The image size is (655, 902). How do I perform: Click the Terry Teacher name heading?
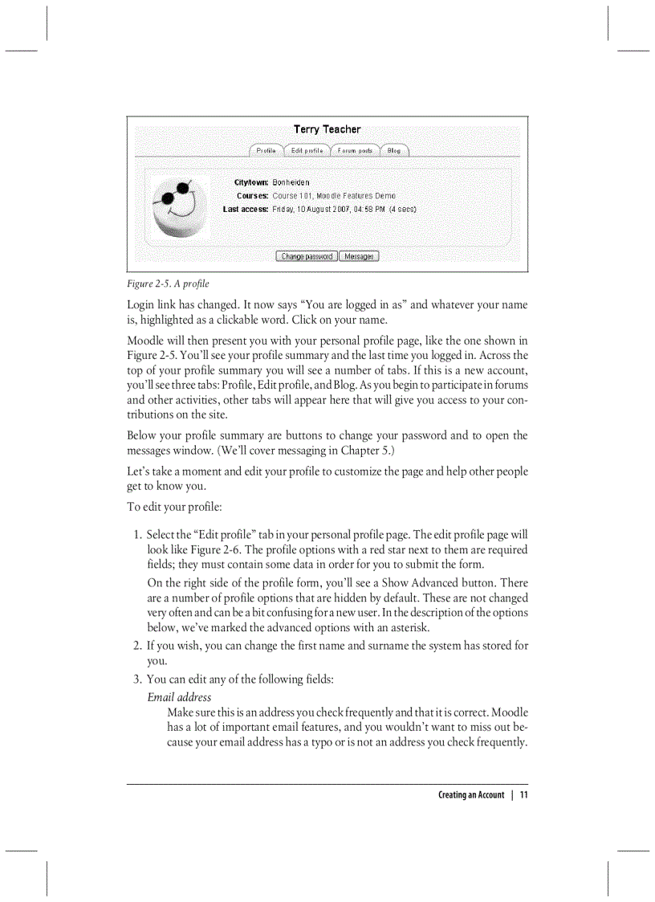[x=327, y=129]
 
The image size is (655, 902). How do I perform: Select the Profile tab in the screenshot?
[x=266, y=150]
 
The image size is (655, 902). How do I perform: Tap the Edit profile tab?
[x=307, y=150]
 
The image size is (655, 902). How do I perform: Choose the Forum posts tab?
[x=355, y=150]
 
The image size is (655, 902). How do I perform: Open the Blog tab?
[x=393, y=150]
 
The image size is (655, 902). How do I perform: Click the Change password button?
[x=307, y=256]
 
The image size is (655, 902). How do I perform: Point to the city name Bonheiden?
[x=291, y=182]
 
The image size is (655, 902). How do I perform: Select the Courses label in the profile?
[x=252, y=195]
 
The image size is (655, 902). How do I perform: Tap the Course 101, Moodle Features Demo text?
[x=333, y=195]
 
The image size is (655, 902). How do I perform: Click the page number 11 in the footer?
[x=523, y=795]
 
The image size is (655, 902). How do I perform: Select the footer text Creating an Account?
[x=471, y=795]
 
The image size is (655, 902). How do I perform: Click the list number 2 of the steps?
[x=137, y=645]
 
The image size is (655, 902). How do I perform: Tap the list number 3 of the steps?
[x=137, y=680]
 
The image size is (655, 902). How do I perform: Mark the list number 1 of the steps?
[x=137, y=535]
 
